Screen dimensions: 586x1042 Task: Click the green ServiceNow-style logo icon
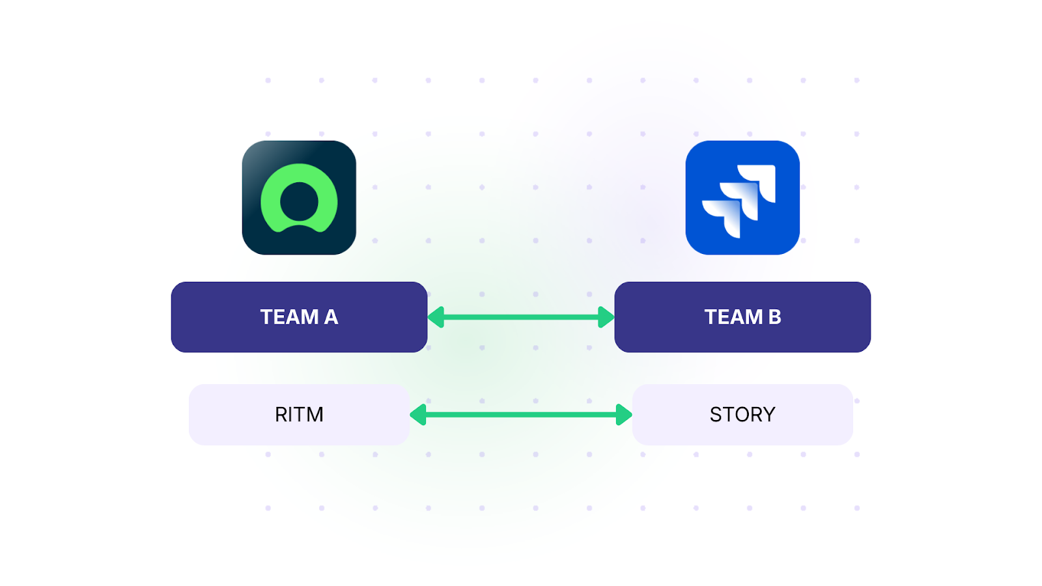[299, 197]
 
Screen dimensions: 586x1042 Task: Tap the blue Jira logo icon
[742, 197]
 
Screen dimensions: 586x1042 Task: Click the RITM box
[299, 415]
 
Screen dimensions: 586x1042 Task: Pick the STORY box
[742, 415]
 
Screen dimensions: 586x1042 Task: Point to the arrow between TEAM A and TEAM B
[521, 317]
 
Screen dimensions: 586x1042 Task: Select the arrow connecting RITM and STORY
[521, 415]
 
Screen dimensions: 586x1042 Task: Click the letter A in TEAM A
[331, 317]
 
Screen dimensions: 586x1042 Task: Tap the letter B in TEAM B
[774, 317]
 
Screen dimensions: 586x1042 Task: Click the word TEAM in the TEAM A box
[289, 317]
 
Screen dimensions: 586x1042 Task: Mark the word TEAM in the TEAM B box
[733, 317]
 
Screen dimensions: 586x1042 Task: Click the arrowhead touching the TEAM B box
[606, 317]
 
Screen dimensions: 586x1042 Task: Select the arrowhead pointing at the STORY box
[624, 415]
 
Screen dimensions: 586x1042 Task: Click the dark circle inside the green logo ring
[299, 201]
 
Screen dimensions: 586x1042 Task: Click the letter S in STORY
[715, 415]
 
